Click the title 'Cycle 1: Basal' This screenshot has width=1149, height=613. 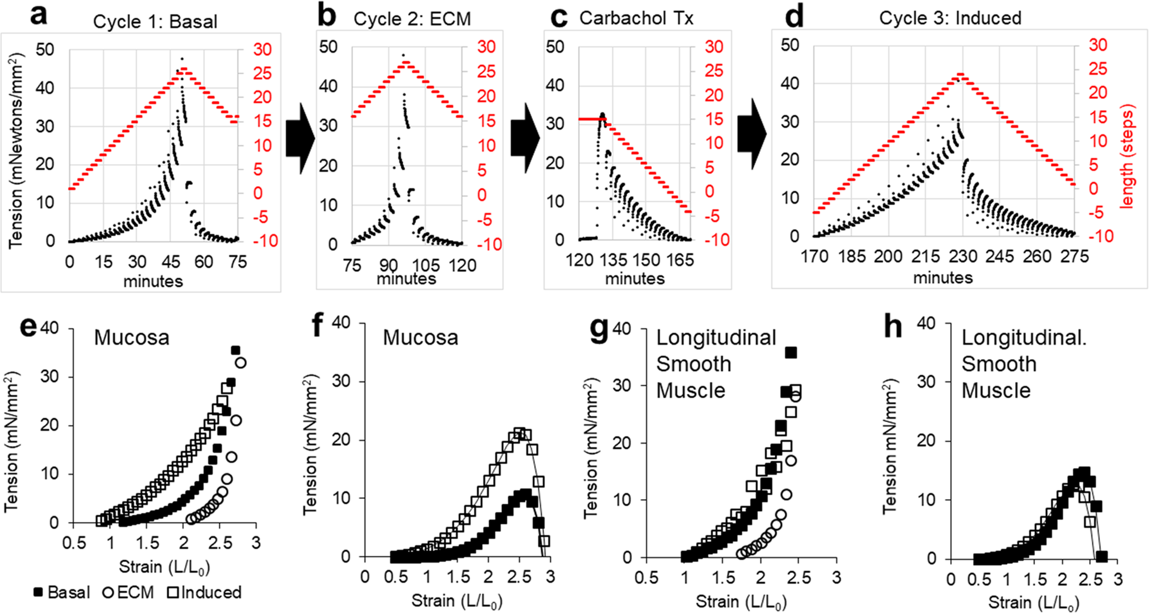click(x=155, y=22)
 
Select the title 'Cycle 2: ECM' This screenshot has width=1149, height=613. click(x=412, y=19)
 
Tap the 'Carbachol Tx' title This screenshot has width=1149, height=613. click(x=636, y=18)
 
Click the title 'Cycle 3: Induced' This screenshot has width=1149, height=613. click(x=950, y=18)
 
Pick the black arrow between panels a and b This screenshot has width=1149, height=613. click(x=300, y=139)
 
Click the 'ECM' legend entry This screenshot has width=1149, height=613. click(x=128, y=592)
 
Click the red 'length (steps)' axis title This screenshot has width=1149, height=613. click(x=1127, y=158)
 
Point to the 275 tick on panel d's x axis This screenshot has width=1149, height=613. click(x=1074, y=257)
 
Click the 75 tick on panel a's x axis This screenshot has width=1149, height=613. click(x=238, y=262)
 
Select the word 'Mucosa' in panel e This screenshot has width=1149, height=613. click(x=132, y=338)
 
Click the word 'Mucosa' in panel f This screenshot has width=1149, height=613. click(x=420, y=338)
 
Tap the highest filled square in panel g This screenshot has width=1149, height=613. click(x=791, y=353)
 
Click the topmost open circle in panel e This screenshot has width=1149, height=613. click(x=240, y=363)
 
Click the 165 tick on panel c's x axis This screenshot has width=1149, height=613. click(x=680, y=260)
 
